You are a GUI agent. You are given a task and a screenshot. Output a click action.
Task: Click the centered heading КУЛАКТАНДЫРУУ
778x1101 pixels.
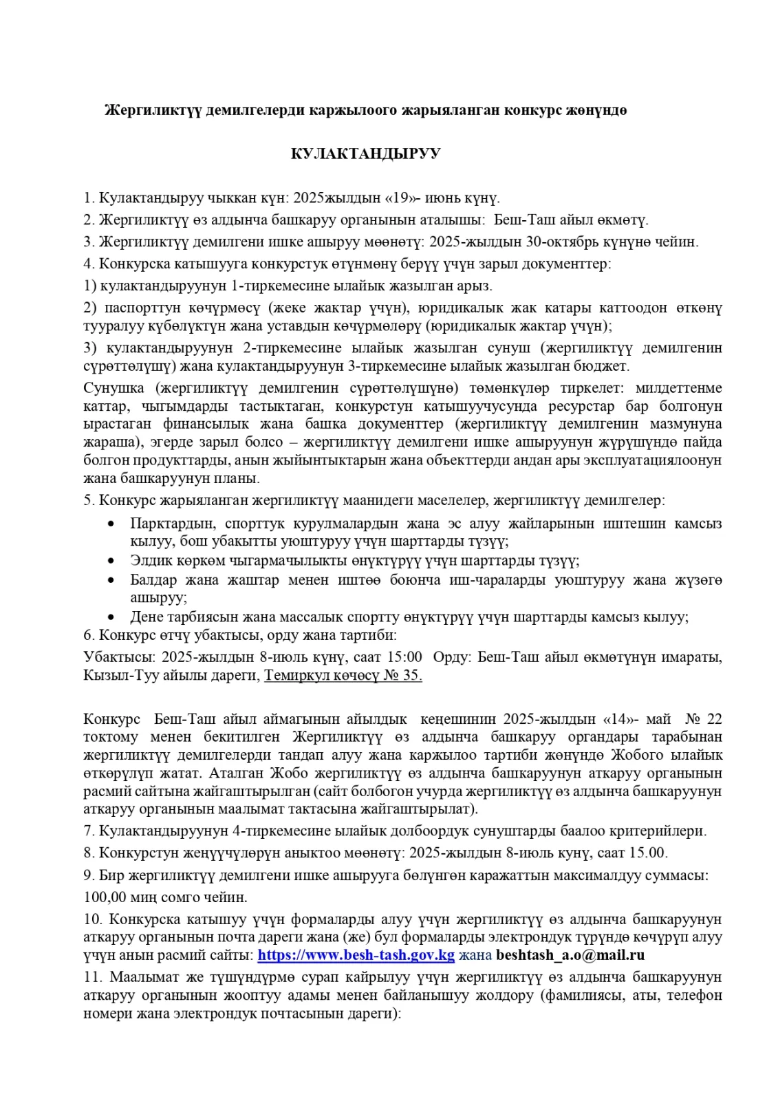(x=365, y=153)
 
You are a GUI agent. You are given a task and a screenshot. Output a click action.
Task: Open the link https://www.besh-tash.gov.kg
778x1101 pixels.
(x=356, y=955)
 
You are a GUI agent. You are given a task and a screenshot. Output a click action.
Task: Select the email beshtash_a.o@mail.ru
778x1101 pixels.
(x=570, y=955)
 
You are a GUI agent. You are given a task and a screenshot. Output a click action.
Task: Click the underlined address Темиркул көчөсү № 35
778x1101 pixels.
(x=343, y=675)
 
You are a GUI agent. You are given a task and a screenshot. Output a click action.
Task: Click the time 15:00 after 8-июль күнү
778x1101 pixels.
(x=404, y=657)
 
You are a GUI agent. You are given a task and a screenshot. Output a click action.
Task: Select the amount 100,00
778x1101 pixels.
(x=105, y=897)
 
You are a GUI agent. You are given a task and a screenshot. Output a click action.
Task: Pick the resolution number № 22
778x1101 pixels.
(x=704, y=719)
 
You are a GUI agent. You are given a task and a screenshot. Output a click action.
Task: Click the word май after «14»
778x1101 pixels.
(x=658, y=719)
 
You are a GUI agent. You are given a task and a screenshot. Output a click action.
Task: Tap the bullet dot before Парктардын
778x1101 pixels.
(x=111, y=524)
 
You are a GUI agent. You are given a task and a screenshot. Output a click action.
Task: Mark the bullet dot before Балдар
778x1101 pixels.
(x=111, y=580)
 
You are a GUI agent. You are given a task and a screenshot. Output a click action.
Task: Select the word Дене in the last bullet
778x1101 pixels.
(x=147, y=617)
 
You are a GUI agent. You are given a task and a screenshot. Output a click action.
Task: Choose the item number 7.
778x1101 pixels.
(x=89, y=831)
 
